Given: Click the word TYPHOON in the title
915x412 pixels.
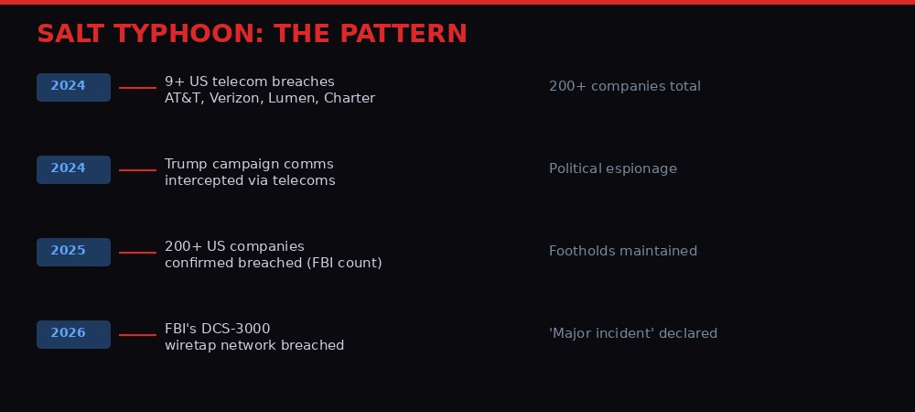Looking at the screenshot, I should click(x=189, y=34).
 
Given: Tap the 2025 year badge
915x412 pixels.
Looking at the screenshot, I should click(x=73, y=252).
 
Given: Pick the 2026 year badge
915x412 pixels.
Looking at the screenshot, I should click(x=73, y=334).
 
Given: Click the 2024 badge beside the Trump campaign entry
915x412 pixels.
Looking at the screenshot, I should click(x=73, y=169).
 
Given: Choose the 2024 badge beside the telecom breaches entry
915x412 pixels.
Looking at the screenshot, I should click(x=73, y=87).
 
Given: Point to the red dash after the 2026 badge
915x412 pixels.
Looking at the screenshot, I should click(x=137, y=335).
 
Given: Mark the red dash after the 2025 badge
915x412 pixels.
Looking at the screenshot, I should click(x=137, y=253).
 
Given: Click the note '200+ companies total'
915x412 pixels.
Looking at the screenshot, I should click(x=625, y=87).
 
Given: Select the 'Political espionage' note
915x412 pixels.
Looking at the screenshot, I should click(x=613, y=169).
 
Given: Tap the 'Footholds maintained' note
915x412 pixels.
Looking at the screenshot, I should click(x=623, y=252).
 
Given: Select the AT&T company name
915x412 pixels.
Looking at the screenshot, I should click(x=184, y=99).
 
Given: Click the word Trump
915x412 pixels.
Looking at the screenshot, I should click(x=186, y=165).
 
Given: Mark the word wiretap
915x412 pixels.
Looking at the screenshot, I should click(x=191, y=346).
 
